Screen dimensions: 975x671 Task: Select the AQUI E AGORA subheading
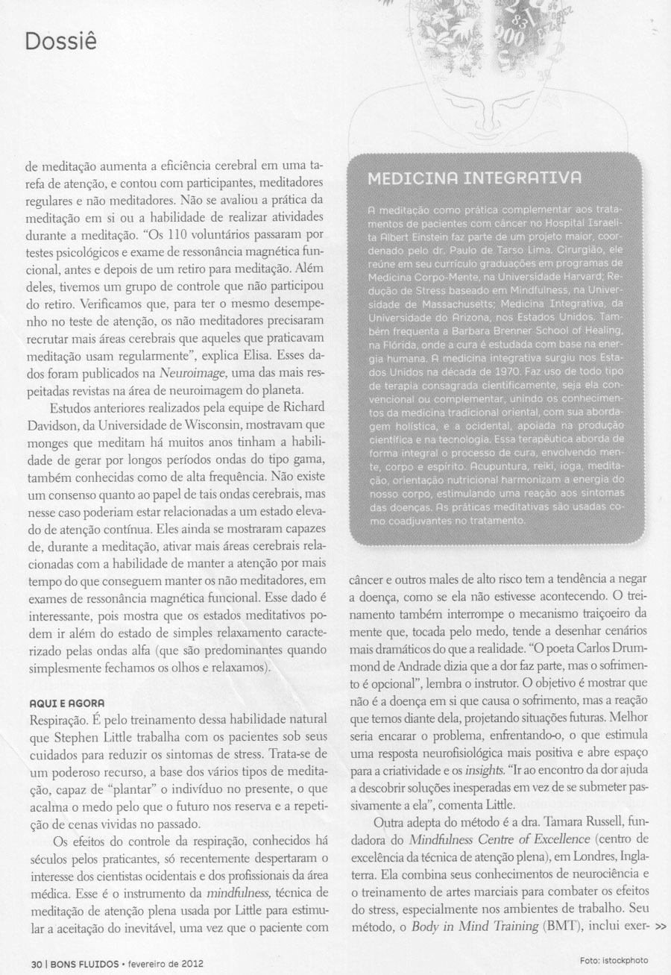point(63,703)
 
